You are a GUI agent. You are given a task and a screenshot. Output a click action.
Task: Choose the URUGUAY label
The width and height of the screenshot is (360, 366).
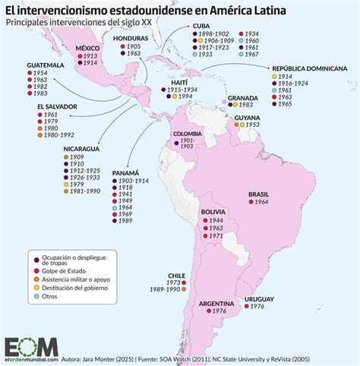pyautogui.click(x=258, y=299)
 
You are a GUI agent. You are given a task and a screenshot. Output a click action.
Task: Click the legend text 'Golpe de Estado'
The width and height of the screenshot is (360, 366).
pyautogui.click(x=65, y=270)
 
